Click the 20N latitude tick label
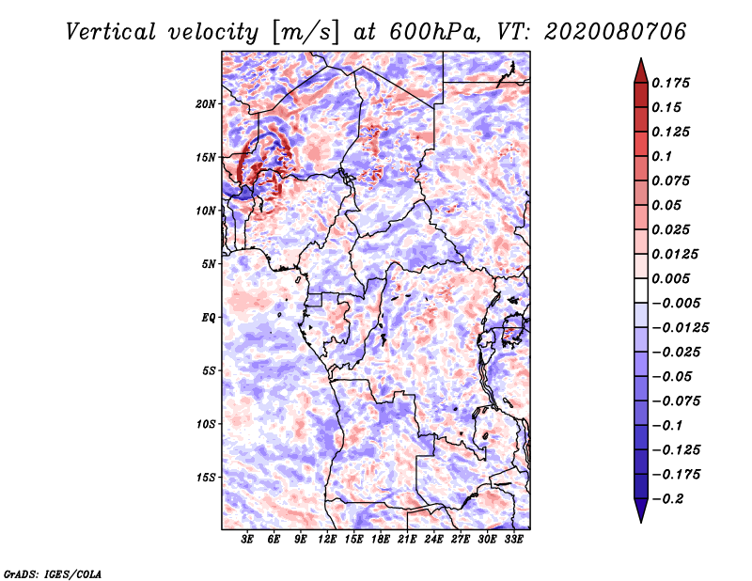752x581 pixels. click(x=206, y=103)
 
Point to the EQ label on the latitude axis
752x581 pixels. click(x=208, y=318)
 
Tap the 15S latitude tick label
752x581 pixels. click(x=206, y=478)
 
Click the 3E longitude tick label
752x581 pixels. click(x=248, y=540)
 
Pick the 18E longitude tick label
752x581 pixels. click(x=381, y=540)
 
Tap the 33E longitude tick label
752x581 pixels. click(x=513, y=540)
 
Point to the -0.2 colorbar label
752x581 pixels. click(x=669, y=498)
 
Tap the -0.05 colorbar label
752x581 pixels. click(x=672, y=376)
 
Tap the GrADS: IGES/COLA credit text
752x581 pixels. click(x=52, y=573)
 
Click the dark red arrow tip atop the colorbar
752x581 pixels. click(x=640, y=69)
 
